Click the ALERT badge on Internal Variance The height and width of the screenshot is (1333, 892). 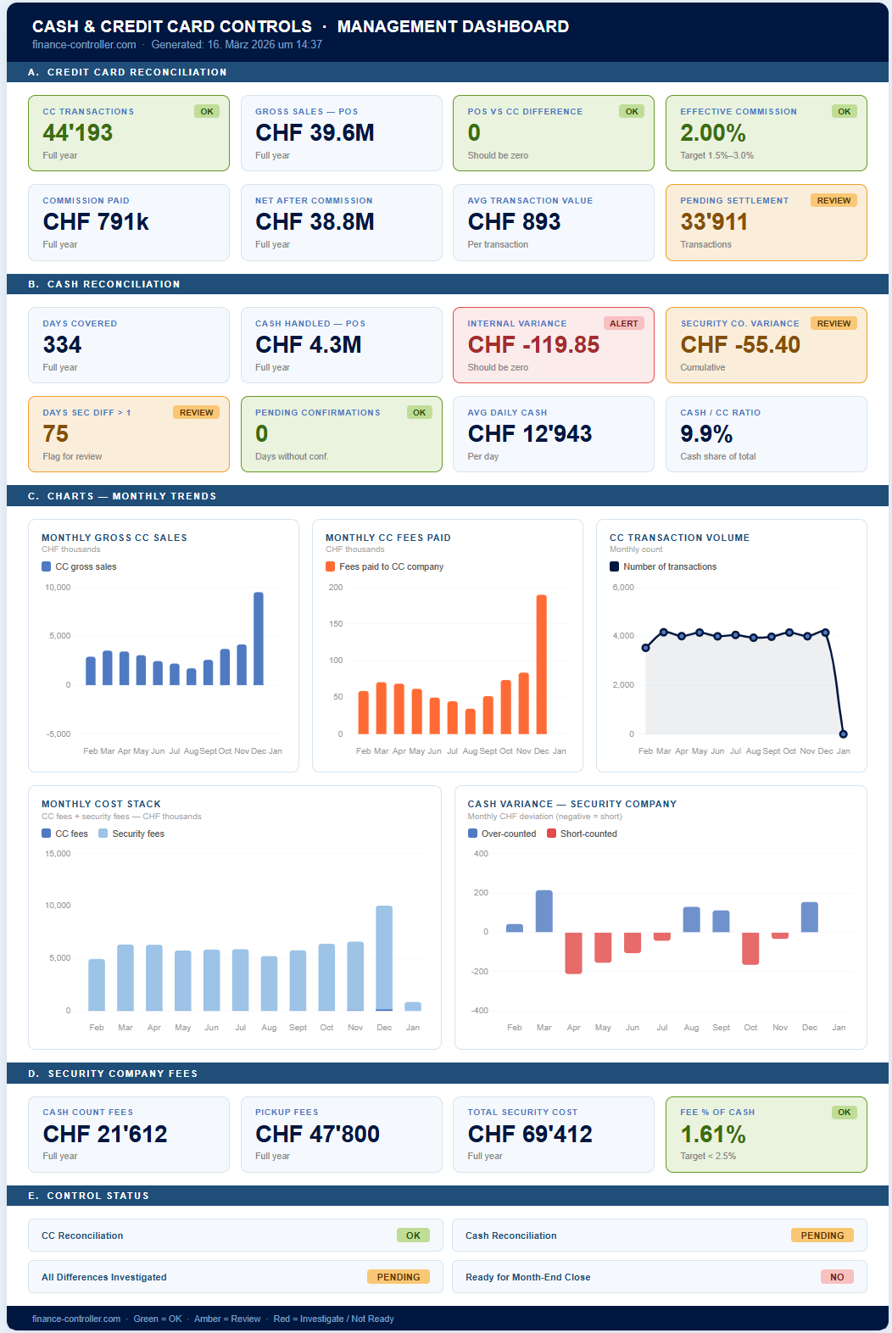point(623,323)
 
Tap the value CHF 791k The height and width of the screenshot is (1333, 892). point(96,222)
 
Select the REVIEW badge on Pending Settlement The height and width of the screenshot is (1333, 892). point(833,200)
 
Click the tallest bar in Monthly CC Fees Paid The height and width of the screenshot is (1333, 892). point(541,664)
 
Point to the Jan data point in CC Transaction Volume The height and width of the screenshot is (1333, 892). point(843,733)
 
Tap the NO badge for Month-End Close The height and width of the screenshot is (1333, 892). point(836,1277)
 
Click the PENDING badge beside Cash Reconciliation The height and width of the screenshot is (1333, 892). point(822,1235)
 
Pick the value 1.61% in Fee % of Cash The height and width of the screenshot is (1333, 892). point(713,1135)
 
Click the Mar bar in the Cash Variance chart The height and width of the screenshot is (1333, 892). point(544,912)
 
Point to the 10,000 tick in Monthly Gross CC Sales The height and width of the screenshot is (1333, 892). point(58,588)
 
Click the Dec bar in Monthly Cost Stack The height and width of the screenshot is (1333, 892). point(384,958)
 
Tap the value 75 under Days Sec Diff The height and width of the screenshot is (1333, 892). point(56,434)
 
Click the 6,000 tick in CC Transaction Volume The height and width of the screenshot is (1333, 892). point(623,588)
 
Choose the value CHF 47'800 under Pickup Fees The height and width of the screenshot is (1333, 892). point(317,1135)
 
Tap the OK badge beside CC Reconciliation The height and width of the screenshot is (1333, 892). point(413,1235)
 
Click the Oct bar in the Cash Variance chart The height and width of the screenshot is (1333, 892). point(750,948)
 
